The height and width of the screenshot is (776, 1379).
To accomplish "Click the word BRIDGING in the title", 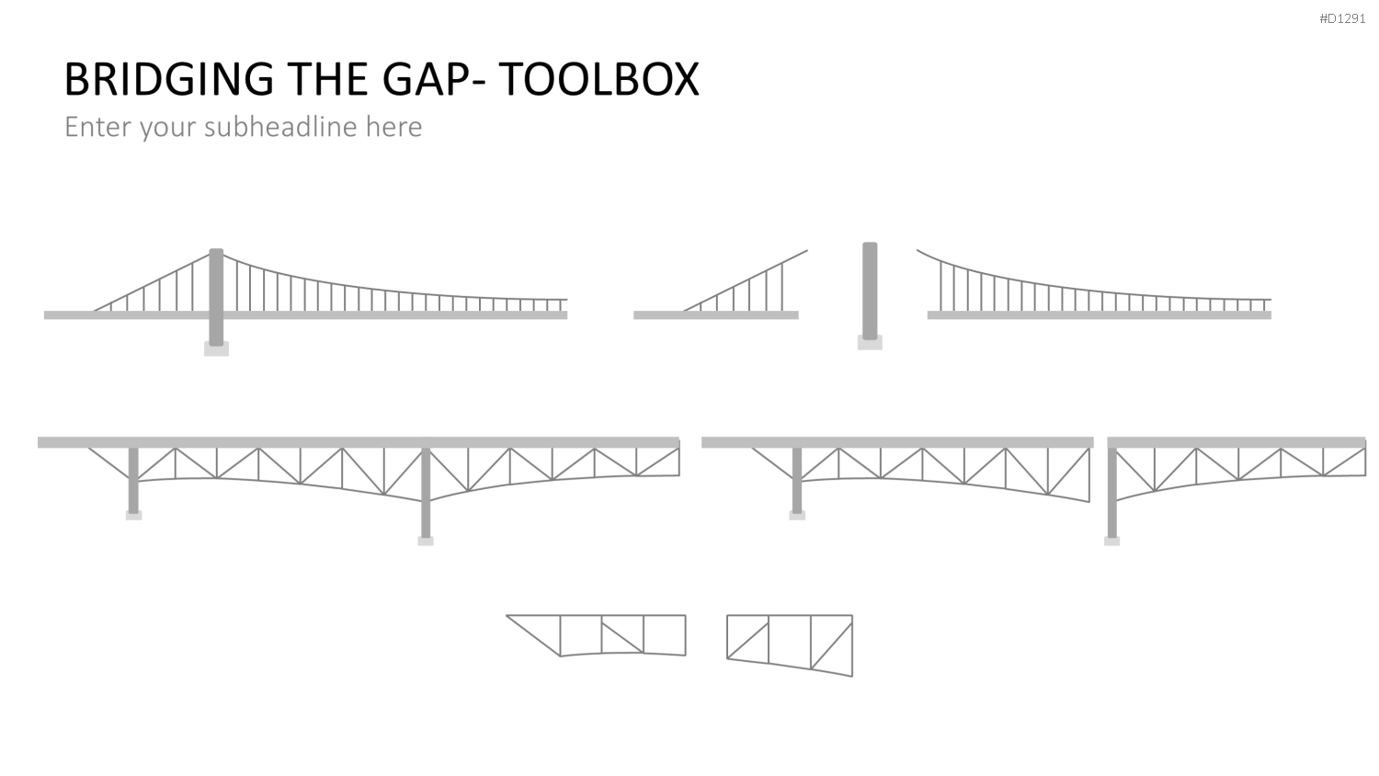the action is tap(168, 79).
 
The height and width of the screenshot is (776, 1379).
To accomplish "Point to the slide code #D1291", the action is tap(1342, 18).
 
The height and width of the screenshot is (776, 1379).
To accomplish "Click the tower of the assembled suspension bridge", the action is tap(216, 297).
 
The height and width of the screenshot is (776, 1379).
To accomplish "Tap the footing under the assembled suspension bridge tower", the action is tap(216, 349).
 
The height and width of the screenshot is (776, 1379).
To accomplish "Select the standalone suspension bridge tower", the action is tap(870, 291).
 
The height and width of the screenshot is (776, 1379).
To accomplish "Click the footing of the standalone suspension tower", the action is tap(870, 343).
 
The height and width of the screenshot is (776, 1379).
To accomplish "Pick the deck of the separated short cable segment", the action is tap(716, 315).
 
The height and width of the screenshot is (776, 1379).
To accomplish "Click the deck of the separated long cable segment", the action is tap(1100, 315).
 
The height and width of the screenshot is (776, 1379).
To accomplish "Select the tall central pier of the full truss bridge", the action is tap(426, 493).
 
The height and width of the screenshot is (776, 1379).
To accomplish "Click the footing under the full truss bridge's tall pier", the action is tap(426, 542).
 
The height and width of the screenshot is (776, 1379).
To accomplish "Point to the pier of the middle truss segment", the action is tap(797, 480).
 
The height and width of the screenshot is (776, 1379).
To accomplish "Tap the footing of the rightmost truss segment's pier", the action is tap(1111, 542).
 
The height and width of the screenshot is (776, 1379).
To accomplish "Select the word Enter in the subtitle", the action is tap(98, 127).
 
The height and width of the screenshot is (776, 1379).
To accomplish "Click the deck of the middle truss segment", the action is tap(897, 442).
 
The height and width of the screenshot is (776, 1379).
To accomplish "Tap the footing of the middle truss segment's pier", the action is tap(797, 516).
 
